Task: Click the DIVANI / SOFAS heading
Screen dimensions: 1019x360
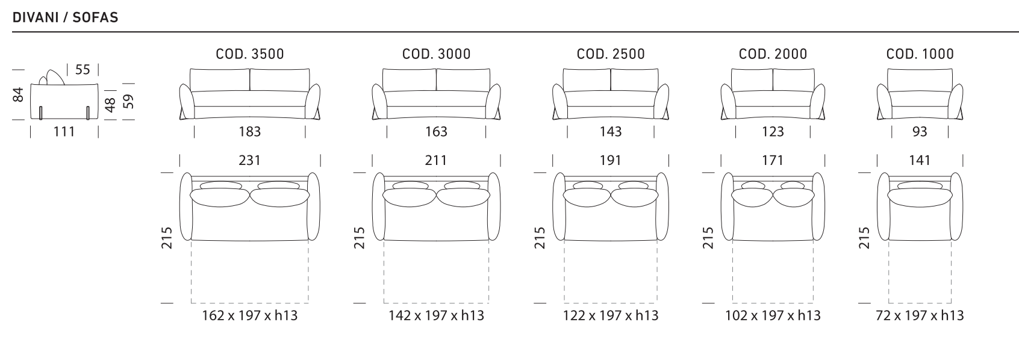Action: (x=65, y=17)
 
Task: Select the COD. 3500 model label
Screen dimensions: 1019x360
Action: (x=250, y=54)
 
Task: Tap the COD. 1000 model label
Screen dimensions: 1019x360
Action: (x=920, y=54)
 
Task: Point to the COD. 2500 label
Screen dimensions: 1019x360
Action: (x=611, y=54)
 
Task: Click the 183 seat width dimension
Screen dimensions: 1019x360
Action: (x=250, y=132)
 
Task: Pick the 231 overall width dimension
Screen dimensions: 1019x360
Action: (x=250, y=161)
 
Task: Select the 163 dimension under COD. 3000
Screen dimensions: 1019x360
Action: (x=436, y=132)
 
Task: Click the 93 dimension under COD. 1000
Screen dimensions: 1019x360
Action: (x=920, y=132)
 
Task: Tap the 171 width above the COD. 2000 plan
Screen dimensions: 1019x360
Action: (x=773, y=161)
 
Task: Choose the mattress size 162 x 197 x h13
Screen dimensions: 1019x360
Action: (x=250, y=315)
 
